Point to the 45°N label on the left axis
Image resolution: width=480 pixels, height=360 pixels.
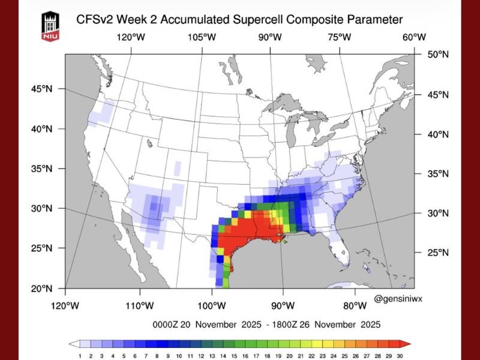tap(41, 89)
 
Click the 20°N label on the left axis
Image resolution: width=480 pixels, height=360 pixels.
tap(41, 288)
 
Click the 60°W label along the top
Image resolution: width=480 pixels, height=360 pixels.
tap(413, 37)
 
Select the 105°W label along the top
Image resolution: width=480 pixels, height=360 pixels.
tap(201, 37)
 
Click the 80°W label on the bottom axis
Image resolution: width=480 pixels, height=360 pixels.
tap(355, 306)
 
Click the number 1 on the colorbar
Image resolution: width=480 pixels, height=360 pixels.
tap(79, 356)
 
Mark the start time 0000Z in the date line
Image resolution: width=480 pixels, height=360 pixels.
tap(167, 325)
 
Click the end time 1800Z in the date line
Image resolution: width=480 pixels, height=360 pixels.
tap(292, 325)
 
